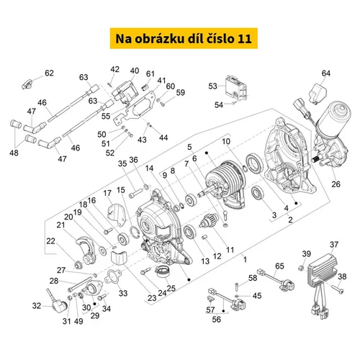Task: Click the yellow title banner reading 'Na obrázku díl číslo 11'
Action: click(x=184, y=38)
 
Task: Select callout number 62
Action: click(x=49, y=73)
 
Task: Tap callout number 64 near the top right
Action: click(x=326, y=73)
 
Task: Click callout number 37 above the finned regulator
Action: click(x=334, y=245)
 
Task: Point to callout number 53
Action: click(x=212, y=86)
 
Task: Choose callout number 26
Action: click(x=336, y=184)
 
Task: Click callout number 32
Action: click(x=37, y=306)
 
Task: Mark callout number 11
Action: click(x=230, y=250)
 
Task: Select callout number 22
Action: click(x=50, y=241)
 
